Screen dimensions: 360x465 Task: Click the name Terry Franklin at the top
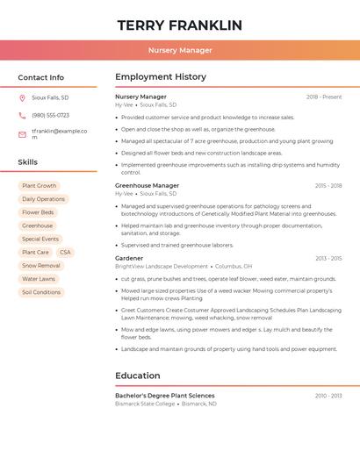click(179, 25)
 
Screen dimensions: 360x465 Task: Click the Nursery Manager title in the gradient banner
click(179, 50)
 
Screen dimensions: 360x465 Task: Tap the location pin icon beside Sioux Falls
click(22, 98)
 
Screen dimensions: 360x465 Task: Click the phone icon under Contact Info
click(22, 116)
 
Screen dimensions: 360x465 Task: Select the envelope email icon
click(22, 134)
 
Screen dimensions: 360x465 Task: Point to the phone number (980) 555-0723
click(50, 116)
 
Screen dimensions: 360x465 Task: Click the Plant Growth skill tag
click(39, 186)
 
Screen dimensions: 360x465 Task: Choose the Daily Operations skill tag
click(43, 199)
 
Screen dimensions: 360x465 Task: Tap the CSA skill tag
click(65, 253)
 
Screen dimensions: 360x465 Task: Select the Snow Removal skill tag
click(41, 266)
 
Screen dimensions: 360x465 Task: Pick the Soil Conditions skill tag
click(41, 292)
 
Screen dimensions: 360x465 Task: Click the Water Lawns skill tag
click(39, 279)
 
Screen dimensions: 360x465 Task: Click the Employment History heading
click(160, 77)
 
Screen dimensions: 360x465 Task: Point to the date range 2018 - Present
click(324, 97)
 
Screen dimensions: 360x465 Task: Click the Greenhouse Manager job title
click(147, 186)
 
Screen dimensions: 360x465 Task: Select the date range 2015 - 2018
click(328, 186)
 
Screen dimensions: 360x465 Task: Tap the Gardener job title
click(129, 259)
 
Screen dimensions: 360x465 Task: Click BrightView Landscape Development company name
click(162, 267)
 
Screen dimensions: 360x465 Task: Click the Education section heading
click(138, 376)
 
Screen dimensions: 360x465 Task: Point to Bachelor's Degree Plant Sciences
click(164, 396)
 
